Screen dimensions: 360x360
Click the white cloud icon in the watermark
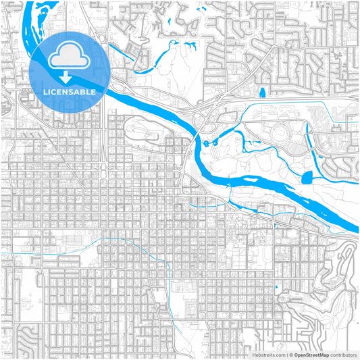click(66, 55)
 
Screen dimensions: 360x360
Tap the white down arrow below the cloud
click(66, 78)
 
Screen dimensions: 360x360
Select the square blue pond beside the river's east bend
click(307, 178)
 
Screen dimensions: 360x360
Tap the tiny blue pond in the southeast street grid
click(276, 289)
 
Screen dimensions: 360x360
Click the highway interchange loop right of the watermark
click(120, 87)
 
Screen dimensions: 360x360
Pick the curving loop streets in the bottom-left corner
click(27, 334)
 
